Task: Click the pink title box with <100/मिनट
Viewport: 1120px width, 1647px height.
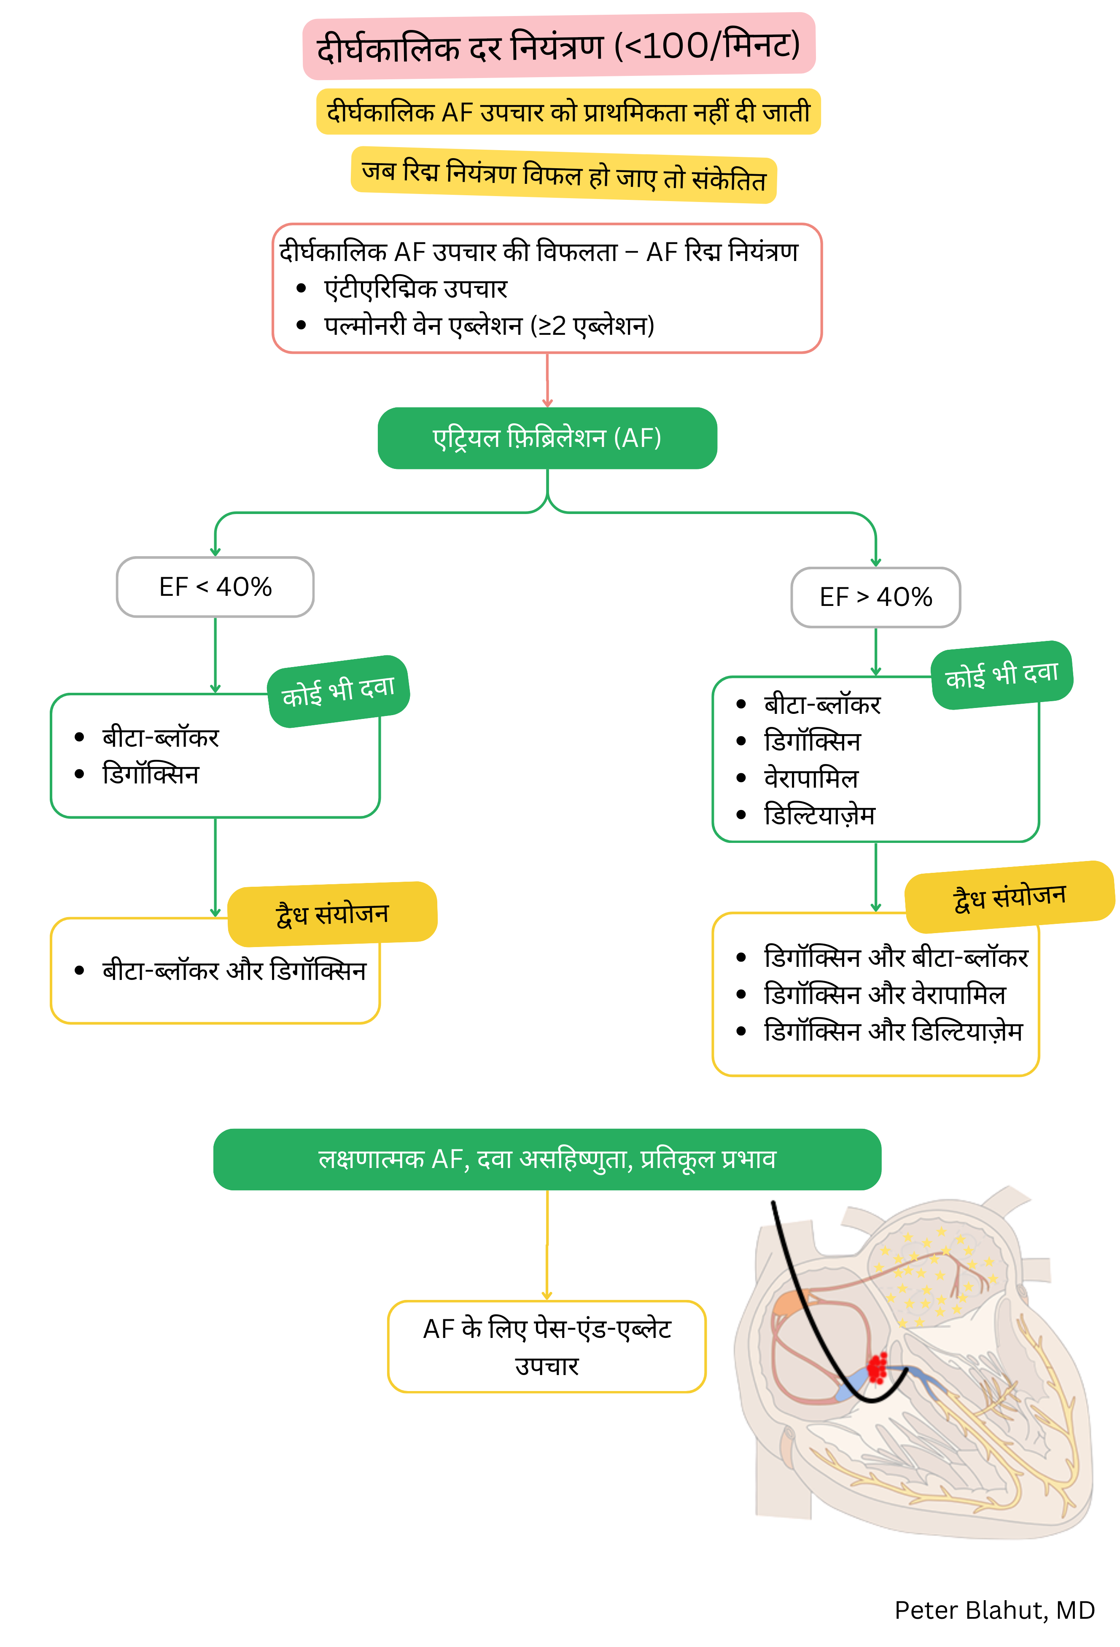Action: [x=559, y=46]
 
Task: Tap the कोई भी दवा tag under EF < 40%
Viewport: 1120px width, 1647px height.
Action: [x=338, y=691]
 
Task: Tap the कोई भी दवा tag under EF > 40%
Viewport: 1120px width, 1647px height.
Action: [x=1001, y=675]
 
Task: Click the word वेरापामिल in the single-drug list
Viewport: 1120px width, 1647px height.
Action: [x=811, y=778]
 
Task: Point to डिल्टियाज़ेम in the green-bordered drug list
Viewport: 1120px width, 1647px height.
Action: [x=819, y=815]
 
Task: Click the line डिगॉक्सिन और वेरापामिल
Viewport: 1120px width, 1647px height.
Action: [x=884, y=994]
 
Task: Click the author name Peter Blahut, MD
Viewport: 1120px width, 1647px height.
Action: [x=994, y=1610]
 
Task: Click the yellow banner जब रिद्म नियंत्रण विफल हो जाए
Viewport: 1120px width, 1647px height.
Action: [x=563, y=175]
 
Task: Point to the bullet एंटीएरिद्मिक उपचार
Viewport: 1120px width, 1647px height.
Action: [x=415, y=288]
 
